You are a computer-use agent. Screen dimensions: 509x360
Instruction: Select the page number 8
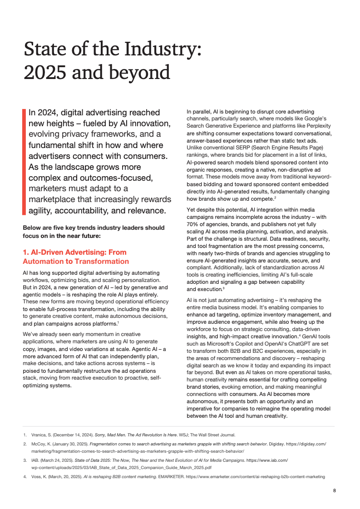[x=334, y=490]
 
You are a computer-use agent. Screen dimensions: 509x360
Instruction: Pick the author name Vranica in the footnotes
[x=39, y=435]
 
